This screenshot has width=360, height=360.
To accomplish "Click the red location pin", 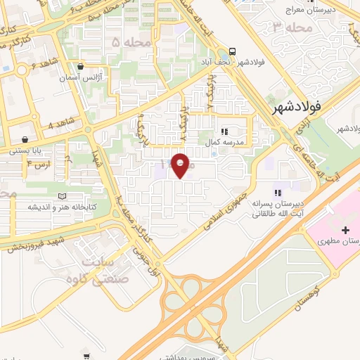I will (180, 165).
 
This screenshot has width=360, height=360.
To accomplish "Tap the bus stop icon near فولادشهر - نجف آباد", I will (232, 51).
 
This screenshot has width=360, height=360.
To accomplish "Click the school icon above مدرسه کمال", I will (224, 131).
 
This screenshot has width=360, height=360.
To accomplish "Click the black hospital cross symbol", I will (345, 231).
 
